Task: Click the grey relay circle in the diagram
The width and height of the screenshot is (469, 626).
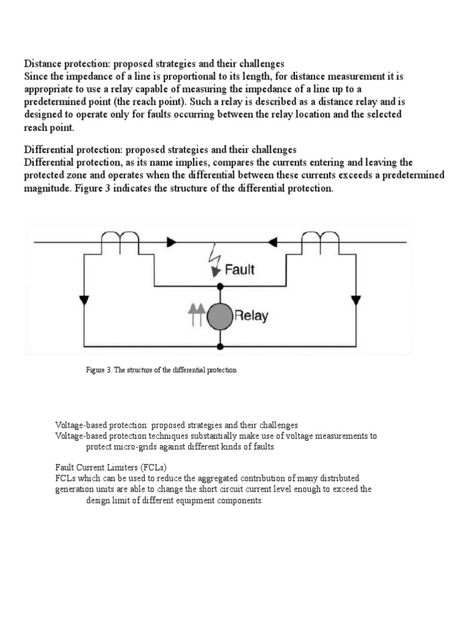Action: click(220, 316)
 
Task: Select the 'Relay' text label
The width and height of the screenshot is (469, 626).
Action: click(251, 317)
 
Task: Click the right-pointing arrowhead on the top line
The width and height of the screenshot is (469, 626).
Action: click(172, 243)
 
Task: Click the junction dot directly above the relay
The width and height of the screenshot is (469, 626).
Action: click(220, 286)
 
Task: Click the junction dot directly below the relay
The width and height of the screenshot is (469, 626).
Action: click(220, 346)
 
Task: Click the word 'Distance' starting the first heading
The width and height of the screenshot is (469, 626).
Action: click(43, 64)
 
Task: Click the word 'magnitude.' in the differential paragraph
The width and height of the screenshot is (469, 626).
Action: click(49, 188)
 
